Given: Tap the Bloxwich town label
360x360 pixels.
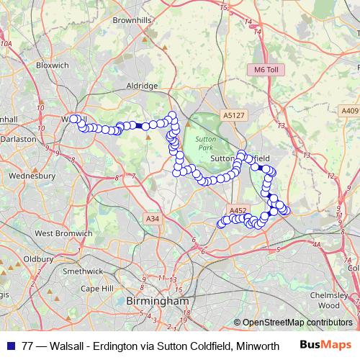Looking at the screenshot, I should [x=53, y=65].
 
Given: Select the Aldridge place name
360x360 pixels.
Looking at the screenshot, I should [x=142, y=86].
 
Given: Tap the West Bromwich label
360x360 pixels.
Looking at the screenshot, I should [x=63, y=233].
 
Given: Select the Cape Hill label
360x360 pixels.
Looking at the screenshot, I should [x=97, y=288].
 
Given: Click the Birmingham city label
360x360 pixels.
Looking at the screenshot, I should [x=157, y=300].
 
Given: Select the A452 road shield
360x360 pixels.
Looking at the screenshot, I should [x=238, y=211].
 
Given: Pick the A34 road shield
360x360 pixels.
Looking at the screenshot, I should [x=152, y=218].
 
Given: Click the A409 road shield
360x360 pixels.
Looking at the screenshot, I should [x=351, y=110].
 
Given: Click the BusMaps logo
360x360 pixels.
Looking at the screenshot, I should [x=325, y=345].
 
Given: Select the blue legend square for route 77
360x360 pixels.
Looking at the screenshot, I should [x=11, y=345].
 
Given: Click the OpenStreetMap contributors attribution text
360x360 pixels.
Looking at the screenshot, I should [x=298, y=323].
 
